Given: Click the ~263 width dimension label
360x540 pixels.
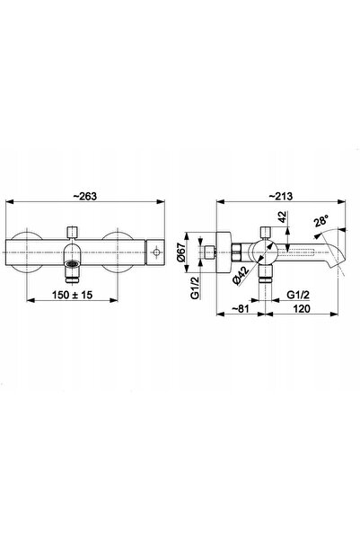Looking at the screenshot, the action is click(x=85, y=196).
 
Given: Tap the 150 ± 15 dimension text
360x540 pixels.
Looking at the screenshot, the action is click(x=73, y=295).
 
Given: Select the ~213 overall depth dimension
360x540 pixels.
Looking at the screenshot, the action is click(x=280, y=196).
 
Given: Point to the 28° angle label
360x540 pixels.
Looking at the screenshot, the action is click(x=321, y=220).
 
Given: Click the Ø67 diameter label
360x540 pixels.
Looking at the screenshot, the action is click(x=181, y=253).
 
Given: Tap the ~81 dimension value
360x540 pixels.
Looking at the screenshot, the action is click(x=240, y=308).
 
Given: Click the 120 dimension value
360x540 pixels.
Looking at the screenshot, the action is click(x=302, y=308).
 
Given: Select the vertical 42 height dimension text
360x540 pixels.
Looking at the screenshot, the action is click(x=282, y=217).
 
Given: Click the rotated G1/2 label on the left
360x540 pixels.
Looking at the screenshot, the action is click(x=195, y=288).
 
